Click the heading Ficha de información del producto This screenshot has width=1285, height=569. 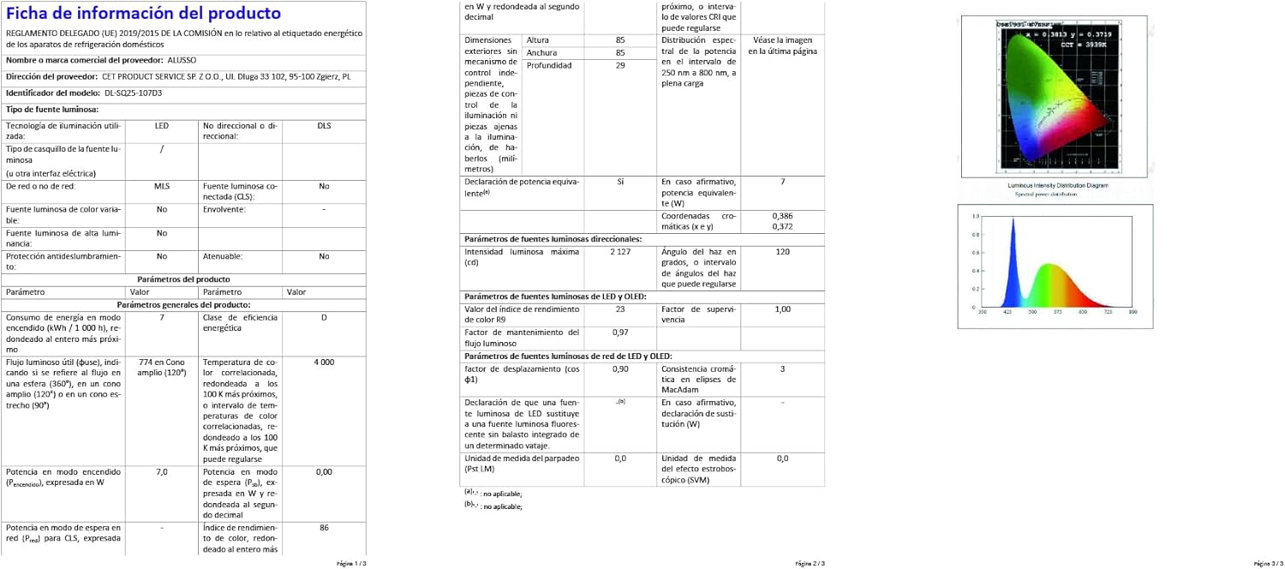tap(143, 14)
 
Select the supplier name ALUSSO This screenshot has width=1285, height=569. tap(182, 61)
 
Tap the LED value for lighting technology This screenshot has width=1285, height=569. tap(162, 126)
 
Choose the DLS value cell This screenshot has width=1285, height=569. tap(324, 126)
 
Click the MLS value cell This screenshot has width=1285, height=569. tap(162, 186)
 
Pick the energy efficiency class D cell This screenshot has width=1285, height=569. tap(324, 318)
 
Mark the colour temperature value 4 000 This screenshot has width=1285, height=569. tap(324, 362)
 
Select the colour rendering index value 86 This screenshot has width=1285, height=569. tap(324, 528)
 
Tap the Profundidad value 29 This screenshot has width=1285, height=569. tap(620, 65)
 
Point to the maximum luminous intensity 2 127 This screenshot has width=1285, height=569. tap(620, 252)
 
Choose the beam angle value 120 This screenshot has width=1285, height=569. tap(782, 252)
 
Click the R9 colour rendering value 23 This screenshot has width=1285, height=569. tap(620, 309)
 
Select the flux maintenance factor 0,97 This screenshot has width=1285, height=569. tap(620, 332)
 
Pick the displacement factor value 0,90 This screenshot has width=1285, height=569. tap(620, 368)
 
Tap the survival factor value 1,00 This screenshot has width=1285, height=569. tap(782, 309)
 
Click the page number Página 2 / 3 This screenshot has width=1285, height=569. tap(810, 563)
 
